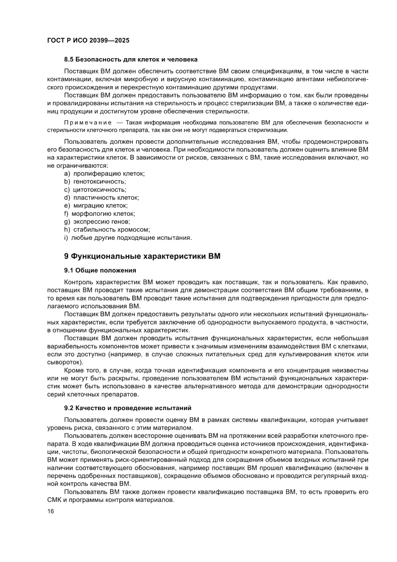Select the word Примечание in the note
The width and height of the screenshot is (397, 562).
84,123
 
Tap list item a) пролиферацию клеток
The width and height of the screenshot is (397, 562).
104,173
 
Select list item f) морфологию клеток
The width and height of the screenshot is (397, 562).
99,213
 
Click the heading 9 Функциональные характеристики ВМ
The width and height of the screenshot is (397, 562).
142,256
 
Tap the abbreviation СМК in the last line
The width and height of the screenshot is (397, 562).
56,500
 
